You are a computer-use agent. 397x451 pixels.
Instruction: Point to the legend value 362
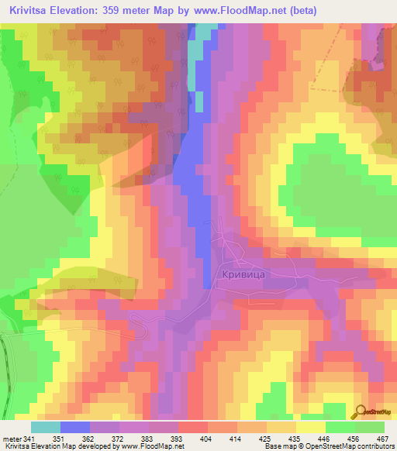point(90,438)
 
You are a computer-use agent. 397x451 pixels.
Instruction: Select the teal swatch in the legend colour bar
point(46,427)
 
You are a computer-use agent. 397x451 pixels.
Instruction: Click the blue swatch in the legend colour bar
point(75,427)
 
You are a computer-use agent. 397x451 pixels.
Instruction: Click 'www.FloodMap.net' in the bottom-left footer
point(152,446)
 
